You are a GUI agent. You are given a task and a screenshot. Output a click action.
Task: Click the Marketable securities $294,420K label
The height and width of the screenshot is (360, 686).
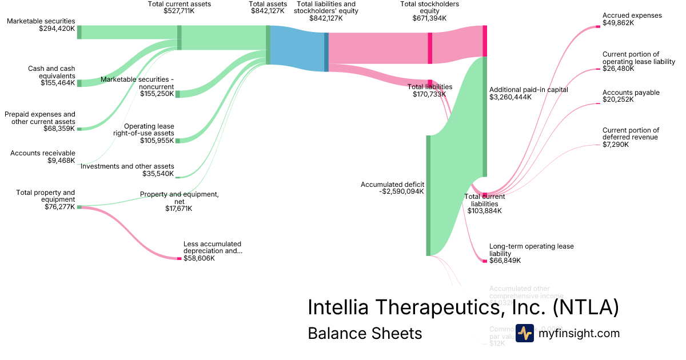coord(41,25)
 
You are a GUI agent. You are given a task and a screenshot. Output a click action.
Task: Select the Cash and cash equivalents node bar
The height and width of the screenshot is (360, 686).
coord(79,83)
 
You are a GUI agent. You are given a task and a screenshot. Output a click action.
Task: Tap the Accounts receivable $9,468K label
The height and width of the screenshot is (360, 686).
coord(42,157)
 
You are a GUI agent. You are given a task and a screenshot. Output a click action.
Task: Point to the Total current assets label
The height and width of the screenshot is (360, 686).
coord(179,7)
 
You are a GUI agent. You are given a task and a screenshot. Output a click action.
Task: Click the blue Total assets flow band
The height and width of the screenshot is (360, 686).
coord(297,49)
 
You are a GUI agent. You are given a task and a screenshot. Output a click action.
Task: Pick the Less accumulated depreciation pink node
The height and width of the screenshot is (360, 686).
coord(179,259)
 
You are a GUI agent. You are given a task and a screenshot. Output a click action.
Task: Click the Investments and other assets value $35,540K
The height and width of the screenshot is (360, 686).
coord(158,173)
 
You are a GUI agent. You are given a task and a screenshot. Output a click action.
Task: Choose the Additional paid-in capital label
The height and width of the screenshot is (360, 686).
coord(528,93)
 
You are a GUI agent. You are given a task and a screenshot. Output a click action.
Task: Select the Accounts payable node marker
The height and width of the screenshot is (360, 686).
coord(598,105)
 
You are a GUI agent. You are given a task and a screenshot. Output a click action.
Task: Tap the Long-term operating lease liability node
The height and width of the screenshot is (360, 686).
coord(485,261)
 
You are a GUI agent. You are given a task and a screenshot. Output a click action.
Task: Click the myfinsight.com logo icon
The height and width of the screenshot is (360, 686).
coord(524,333)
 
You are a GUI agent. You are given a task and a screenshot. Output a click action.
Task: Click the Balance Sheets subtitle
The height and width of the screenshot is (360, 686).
coord(365,333)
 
